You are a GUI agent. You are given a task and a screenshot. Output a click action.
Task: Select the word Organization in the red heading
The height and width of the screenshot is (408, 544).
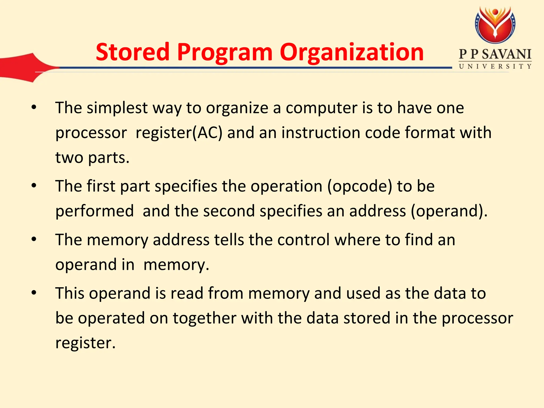tap(352, 53)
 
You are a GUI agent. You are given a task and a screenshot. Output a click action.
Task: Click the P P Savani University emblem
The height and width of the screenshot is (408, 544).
tap(495, 25)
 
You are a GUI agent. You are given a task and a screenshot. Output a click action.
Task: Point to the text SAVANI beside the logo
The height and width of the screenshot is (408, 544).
tap(507, 54)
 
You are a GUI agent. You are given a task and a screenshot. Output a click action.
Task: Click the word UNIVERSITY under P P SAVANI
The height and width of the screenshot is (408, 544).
tap(495, 66)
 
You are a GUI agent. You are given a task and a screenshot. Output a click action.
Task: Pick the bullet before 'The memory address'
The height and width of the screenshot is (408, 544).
tap(34, 239)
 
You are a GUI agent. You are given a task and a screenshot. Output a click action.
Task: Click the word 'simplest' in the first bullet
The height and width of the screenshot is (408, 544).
tap(117, 108)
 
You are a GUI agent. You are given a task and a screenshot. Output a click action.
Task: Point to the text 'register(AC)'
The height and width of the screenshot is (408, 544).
tap(179, 133)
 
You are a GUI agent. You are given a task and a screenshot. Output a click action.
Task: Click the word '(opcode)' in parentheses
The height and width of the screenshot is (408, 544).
tap(360, 186)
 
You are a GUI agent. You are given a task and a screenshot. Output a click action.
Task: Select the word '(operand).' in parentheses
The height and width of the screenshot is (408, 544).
tap(449, 211)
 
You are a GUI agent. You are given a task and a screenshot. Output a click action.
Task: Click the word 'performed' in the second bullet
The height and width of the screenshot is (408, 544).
tap(95, 211)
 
